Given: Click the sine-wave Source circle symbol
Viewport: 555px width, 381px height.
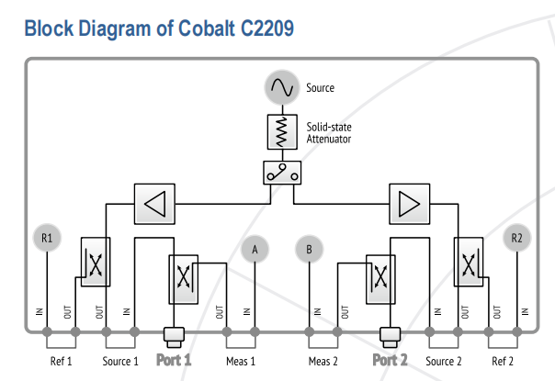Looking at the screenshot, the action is pos(282,87).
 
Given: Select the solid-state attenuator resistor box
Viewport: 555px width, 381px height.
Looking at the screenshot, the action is pos(282,131).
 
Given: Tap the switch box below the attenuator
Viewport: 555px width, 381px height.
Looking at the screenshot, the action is pos(282,173).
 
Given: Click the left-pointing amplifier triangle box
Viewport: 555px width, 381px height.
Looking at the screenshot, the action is pos(154,204).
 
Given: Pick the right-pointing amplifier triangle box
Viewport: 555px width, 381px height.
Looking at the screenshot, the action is pos(410,204).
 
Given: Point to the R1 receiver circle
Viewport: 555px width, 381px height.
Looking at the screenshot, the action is pos(47,238).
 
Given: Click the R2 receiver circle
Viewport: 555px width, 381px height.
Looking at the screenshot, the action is pos(516,238).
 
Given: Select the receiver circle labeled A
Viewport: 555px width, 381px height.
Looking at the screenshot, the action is pos(255,250).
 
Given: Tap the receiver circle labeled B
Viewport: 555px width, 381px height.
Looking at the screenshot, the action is pos(309,250).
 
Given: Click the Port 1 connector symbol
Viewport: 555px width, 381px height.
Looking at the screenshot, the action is pos(174,337).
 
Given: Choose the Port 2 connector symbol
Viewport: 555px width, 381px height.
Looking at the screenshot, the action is pos(390,337).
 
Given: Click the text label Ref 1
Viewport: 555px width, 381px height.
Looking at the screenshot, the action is pos(62,361).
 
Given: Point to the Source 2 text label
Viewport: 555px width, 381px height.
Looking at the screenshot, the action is pos(444,361).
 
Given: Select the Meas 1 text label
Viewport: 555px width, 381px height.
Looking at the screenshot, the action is pos(241,361).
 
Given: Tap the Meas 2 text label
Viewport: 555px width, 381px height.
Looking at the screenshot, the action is pos(323,361).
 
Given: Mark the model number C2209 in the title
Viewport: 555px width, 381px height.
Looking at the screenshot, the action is pos(267,28).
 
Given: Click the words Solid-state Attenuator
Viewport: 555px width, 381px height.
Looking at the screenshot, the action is pos(329,133).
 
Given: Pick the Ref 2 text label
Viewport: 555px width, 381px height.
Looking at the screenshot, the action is pos(503,361).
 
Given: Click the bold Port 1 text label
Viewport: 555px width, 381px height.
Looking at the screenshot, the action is pos(174,360).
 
